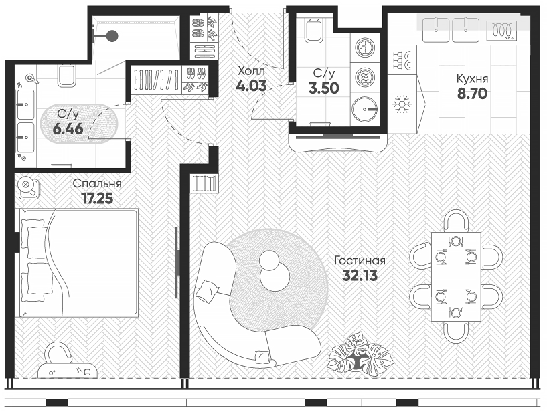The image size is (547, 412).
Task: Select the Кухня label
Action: tap(472, 79)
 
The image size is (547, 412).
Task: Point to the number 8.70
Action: tap(471, 94)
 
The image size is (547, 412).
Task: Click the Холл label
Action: tap(251, 71)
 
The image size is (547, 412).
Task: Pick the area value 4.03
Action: tap(251, 86)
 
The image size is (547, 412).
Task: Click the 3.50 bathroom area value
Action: tap(323, 87)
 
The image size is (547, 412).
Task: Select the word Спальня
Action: tap(97, 183)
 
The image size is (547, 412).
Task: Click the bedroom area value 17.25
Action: tap(97, 197)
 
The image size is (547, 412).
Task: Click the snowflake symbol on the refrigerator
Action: tap(402, 104)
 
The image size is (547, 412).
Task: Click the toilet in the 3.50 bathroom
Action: tap(313, 30)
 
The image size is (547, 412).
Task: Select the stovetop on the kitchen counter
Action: tap(501, 29)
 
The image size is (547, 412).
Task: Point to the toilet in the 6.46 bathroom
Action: tap(67, 78)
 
